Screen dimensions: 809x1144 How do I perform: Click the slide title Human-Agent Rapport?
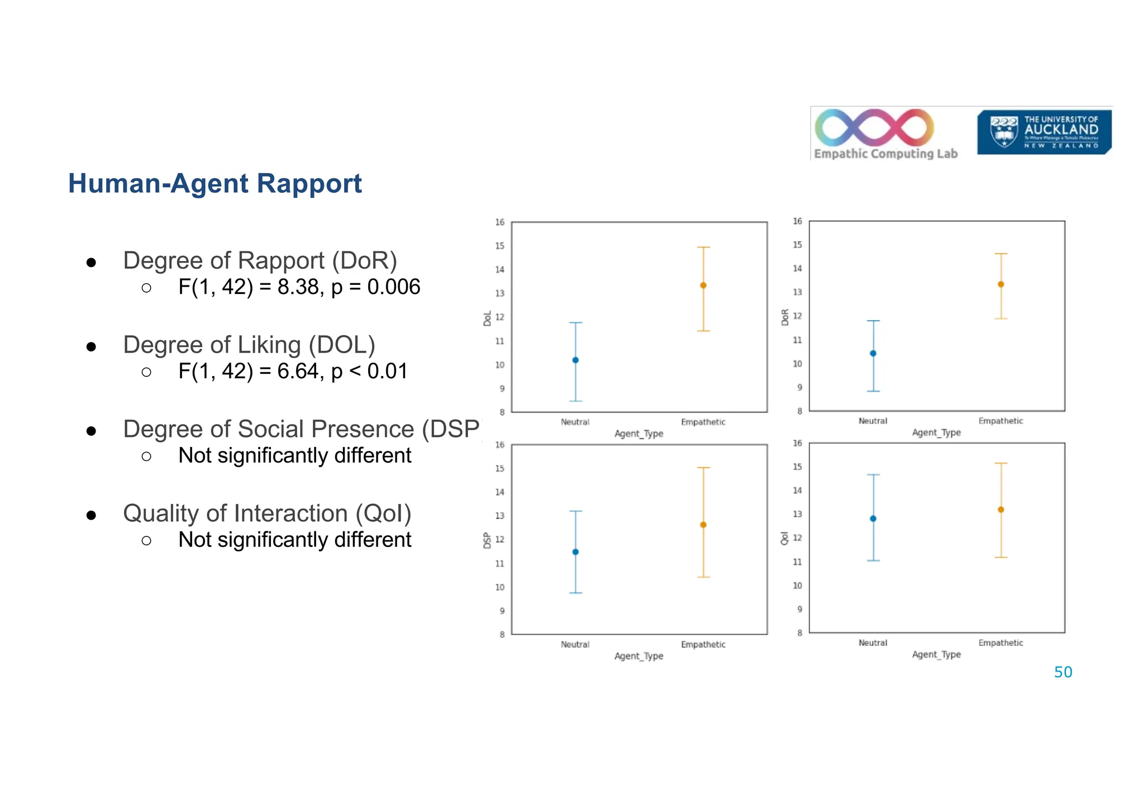point(214,184)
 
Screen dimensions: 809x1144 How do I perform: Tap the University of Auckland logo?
point(1043,132)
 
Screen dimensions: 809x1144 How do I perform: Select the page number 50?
point(1062,672)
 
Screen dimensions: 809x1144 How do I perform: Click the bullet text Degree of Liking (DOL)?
point(249,345)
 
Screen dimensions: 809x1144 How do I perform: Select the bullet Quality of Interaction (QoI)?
point(267,513)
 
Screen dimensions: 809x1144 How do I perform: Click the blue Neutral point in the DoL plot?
point(575,360)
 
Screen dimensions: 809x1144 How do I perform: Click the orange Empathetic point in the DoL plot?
point(703,285)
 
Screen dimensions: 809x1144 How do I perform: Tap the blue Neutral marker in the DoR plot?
point(873,354)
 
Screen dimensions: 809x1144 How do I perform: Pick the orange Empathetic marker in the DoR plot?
point(1001,284)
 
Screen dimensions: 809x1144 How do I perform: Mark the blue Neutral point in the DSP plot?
point(575,552)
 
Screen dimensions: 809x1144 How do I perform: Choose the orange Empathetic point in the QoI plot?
point(1001,510)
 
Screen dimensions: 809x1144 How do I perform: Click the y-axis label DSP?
point(487,540)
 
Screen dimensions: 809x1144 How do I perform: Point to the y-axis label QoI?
point(784,539)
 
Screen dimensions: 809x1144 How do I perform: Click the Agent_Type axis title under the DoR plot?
point(936,432)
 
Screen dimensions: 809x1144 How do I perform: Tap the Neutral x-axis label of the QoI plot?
point(873,643)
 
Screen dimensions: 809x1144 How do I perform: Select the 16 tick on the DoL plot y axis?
point(499,222)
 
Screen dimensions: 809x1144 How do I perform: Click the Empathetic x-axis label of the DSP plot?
point(703,645)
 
